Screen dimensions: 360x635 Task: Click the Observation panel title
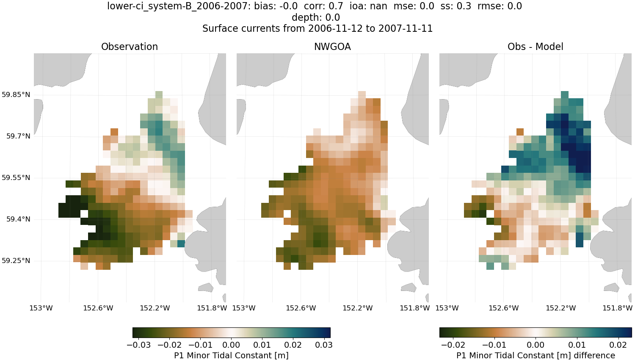point(130,47)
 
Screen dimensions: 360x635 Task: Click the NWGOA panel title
point(332,47)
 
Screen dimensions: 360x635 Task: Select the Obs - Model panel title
point(535,47)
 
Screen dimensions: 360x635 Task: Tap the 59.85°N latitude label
point(16,94)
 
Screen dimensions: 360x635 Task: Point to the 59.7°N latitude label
point(18,136)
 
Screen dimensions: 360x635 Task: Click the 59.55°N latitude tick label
point(16,177)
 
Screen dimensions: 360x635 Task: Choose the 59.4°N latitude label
point(18,219)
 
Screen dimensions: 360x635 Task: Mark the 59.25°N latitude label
point(16,260)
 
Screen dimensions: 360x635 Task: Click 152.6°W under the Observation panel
point(98,308)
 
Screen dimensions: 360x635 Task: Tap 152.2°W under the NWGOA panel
point(358,308)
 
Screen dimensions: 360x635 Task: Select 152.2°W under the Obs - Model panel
point(560,308)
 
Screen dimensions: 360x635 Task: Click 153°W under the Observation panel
point(41,308)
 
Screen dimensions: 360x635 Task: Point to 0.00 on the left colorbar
point(231,345)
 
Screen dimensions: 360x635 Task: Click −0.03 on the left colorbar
point(138,345)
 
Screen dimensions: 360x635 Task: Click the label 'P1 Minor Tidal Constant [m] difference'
point(536,355)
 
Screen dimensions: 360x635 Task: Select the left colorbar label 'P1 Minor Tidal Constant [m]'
point(231,355)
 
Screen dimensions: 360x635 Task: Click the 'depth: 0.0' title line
point(316,17)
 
